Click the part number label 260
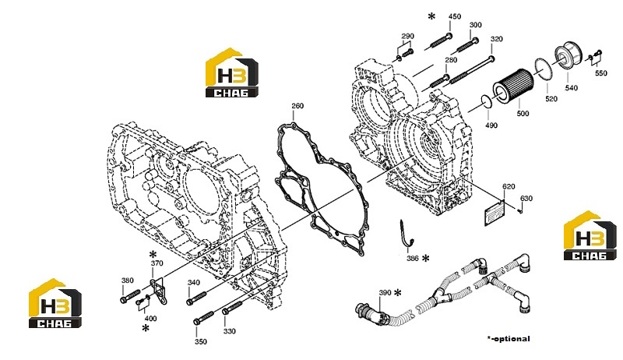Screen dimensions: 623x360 [x=297, y=106]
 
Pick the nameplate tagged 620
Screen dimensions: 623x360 [x=495, y=213]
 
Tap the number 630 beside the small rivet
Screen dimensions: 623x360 [x=526, y=198]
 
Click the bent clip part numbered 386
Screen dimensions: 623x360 [x=406, y=234]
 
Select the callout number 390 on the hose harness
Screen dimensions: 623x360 [x=385, y=292]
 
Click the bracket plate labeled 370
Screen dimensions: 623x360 [x=158, y=291]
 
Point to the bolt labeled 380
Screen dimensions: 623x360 [x=130, y=296]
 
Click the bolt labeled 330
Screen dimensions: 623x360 [x=232, y=308]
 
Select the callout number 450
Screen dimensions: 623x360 [x=455, y=16]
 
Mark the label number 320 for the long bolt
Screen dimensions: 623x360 [x=497, y=39]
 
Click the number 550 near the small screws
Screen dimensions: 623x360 [x=600, y=73]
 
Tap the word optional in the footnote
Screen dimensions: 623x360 [x=512, y=338]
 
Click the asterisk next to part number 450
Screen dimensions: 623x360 [x=431, y=16]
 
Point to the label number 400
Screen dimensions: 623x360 [x=150, y=318]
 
